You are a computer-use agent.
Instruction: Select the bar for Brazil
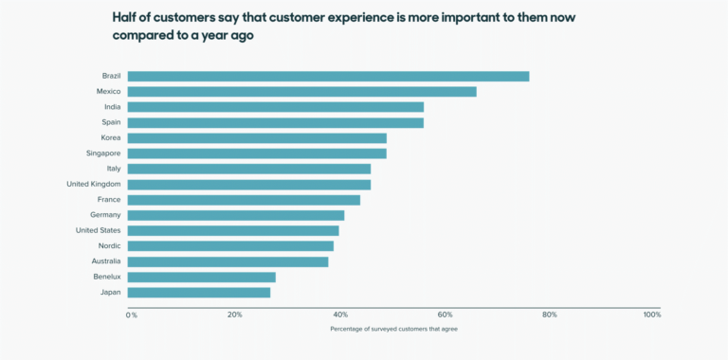pos(328,76)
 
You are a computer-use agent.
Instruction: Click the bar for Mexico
pos(301,91)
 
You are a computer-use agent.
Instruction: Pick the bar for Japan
pos(199,292)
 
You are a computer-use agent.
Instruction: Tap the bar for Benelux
pos(201,277)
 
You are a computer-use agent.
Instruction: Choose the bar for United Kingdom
pos(249,184)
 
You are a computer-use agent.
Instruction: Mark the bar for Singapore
pos(257,153)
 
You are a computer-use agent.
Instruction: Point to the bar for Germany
pos(236,215)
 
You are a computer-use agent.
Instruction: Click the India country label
pos(112,107)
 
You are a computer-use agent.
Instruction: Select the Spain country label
pos(111,122)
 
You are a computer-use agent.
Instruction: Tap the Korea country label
pos(110,137)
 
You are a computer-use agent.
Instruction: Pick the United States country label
pos(98,230)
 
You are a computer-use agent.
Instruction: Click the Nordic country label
pos(109,245)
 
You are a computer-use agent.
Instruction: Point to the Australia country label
pos(104,261)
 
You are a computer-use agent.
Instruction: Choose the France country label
pos(108,199)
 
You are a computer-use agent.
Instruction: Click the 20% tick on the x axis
pos(234,315)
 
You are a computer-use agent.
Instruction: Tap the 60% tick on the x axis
pos(445,315)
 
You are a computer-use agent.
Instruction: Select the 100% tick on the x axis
pos(651,315)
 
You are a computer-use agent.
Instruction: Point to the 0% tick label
pos(132,315)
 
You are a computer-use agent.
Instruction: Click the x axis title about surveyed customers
pos(393,330)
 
